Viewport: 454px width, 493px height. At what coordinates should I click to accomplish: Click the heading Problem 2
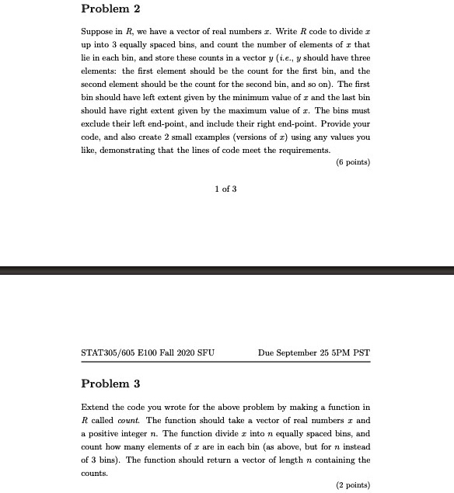[x=110, y=9]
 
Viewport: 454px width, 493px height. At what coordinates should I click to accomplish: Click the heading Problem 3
[x=110, y=384]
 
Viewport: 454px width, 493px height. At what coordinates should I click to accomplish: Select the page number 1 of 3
[x=225, y=189]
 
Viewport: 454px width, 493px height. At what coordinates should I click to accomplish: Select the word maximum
[x=236, y=124]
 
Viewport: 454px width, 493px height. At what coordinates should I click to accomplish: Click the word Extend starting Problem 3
[x=94, y=407]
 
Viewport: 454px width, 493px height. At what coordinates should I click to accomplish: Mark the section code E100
[x=150, y=353]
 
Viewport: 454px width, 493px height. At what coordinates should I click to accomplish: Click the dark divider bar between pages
[x=227, y=270]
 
